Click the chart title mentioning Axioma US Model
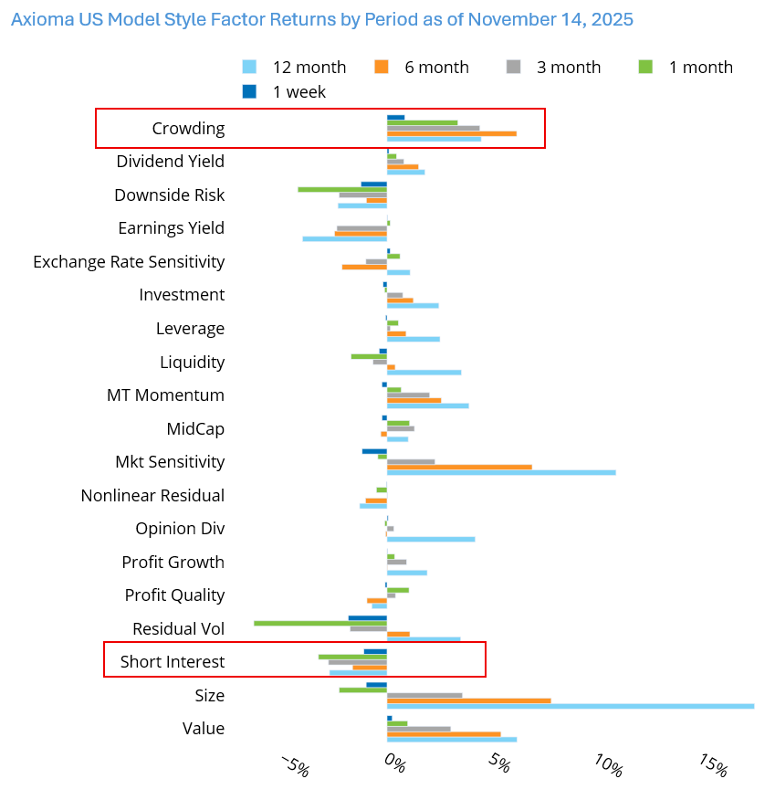point(322,19)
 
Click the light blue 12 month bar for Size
point(570,706)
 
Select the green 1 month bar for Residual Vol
point(319,623)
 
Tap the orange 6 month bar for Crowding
point(451,133)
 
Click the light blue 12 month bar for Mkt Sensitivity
point(500,472)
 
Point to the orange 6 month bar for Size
point(468,700)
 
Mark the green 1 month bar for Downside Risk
point(341,189)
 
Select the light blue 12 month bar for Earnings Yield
point(344,238)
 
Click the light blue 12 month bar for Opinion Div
point(430,539)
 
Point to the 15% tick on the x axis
point(714,765)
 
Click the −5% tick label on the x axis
point(294,765)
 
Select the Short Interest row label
point(172,662)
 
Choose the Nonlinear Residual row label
point(152,496)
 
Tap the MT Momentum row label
point(165,395)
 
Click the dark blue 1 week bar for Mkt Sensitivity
point(373,451)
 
